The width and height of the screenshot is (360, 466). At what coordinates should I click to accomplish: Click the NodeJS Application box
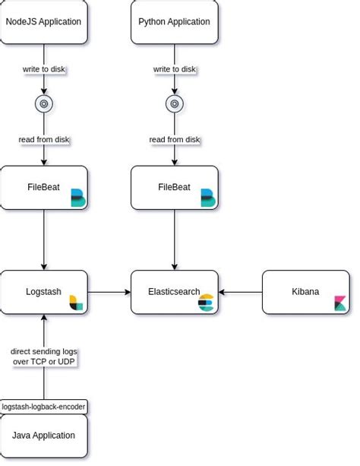[x=43, y=21]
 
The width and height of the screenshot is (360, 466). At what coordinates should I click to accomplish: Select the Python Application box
[x=174, y=21]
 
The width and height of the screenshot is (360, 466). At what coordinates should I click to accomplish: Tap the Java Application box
[x=43, y=436]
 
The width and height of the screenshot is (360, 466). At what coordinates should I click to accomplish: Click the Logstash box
[x=43, y=292]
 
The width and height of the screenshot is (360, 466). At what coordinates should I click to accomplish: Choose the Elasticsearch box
[x=174, y=292]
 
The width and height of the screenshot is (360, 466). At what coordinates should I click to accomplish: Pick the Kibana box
[x=305, y=292]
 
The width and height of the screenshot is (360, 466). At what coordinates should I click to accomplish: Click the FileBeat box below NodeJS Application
[x=43, y=187]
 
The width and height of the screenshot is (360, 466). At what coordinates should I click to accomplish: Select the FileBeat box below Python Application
[x=174, y=187]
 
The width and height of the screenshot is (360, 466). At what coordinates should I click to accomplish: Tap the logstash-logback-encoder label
[x=43, y=407]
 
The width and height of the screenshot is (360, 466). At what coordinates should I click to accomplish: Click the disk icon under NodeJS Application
[x=43, y=103]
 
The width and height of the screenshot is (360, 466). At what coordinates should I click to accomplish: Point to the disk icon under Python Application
[x=174, y=103]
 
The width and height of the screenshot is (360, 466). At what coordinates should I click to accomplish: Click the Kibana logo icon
[x=341, y=303]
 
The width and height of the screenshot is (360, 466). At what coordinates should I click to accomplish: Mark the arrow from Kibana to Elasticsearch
[x=241, y=292]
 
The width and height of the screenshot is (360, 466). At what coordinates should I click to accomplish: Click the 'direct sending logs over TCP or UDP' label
[x=43, y=357]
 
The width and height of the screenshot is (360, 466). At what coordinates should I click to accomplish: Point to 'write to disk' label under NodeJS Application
[x=43, y=69]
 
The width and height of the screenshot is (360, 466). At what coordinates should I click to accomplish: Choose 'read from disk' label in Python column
[x=174, y=139]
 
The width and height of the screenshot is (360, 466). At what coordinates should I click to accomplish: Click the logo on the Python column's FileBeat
[x=207, y=198]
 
